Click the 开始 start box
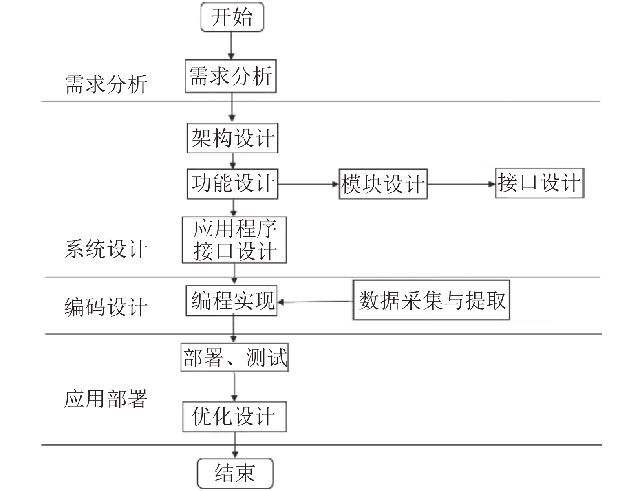[x=232, y=17]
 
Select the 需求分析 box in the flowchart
[x=231, y=76]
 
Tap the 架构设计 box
[x=232, y=138]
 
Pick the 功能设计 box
[x=232, y=184]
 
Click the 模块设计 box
[x=383, y=184]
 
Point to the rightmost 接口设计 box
[x=539, y=183]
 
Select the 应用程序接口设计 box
[x=234, y=240]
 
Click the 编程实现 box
[x=232, y=301]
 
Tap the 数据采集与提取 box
[x=431, y=300]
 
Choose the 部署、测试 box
[x=235, y=357]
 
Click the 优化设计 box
[x=235, y=416]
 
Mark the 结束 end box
[x=235, y=473]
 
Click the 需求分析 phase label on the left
[x=106, y=84]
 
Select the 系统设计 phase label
[x=106, y=249]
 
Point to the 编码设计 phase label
[x=106, y=307]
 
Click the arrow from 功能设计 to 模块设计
[x=308, y=184]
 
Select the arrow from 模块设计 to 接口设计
[x=461, y=184]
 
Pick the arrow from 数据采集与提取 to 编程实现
[x=315, y=302]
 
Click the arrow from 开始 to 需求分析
[x=232, y=46]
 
